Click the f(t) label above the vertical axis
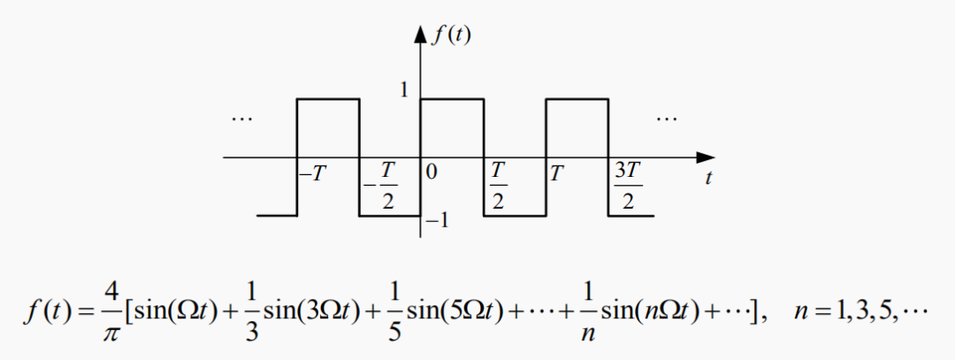coord(450,36)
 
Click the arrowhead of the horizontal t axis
coord(705,157)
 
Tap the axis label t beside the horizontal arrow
coord(709,178)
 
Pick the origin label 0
coord(431,172)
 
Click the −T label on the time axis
coord(312,172)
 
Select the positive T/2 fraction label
coord(498,186)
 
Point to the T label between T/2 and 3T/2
coord(557,172)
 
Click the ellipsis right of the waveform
coord(667,118)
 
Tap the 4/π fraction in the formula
coord(110,315)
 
